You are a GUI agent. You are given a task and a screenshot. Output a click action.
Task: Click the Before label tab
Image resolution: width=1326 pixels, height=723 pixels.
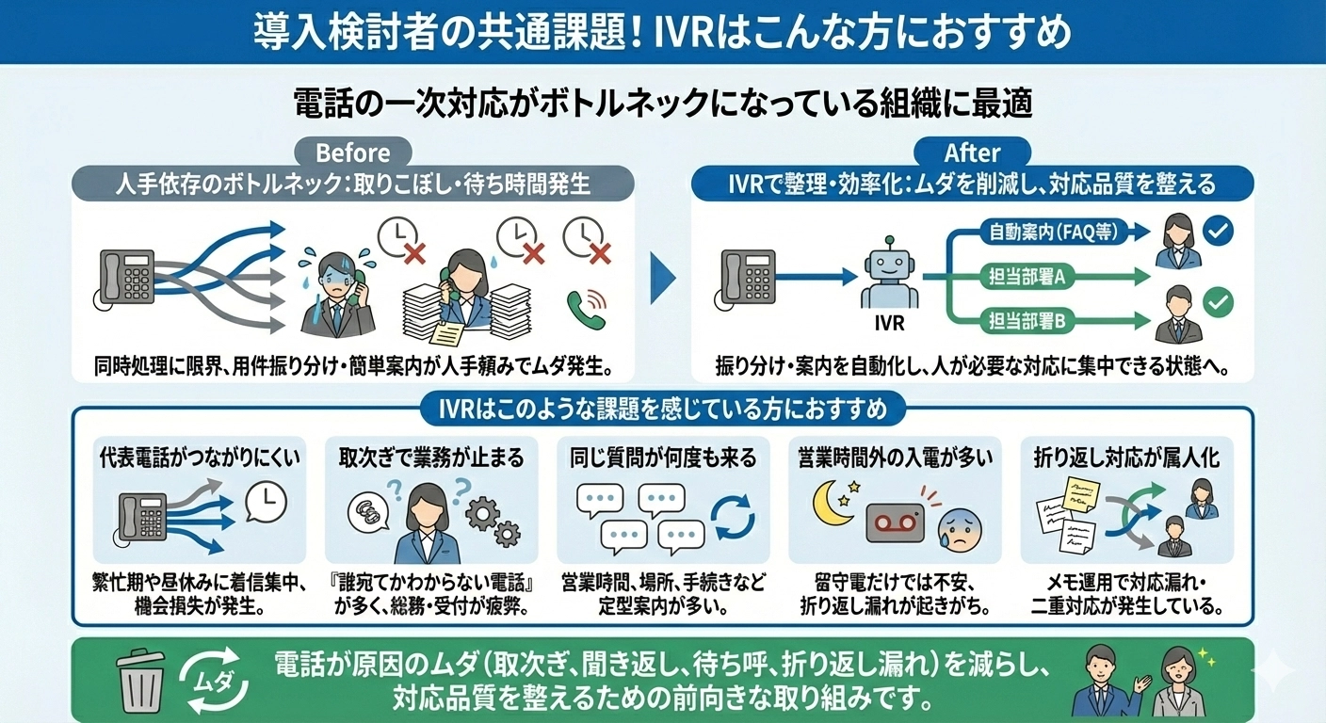(352, 153)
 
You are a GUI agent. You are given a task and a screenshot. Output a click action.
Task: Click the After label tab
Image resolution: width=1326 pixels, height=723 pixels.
(972, 153)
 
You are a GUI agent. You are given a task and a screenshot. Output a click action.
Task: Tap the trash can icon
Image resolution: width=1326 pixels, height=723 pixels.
(141, 681)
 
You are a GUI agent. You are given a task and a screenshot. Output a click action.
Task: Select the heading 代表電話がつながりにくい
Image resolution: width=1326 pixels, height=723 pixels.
(202, 458)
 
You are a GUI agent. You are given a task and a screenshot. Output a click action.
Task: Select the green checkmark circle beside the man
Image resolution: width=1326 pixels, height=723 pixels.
(1219, 302)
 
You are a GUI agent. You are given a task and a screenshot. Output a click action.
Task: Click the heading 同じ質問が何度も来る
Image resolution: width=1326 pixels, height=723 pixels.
(663, 458)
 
